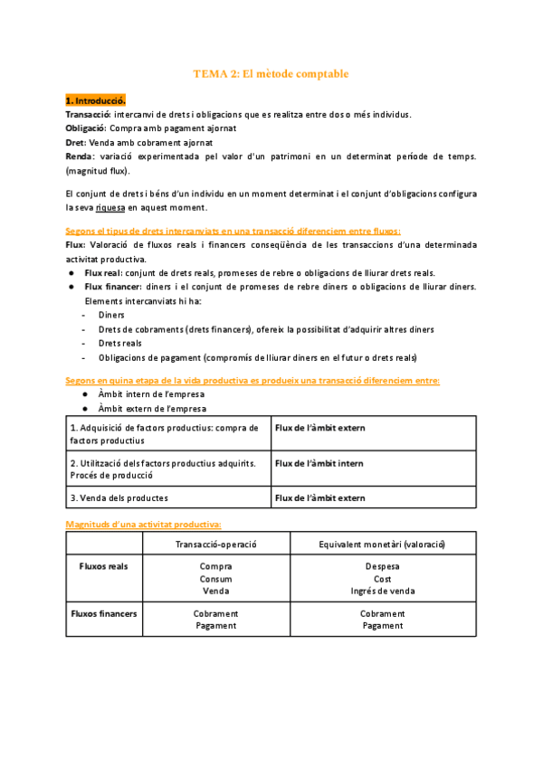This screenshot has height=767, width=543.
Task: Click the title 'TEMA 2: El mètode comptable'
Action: point(271,73)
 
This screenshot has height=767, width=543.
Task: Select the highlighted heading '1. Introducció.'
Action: point(96,100)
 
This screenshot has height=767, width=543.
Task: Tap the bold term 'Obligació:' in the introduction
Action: point(86,128)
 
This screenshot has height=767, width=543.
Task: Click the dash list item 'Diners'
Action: point(112,316)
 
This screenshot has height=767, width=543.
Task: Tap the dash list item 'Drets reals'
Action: point(120,344)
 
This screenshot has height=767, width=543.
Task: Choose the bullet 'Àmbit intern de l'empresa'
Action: point(150,394)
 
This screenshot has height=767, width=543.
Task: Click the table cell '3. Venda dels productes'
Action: point(119,497)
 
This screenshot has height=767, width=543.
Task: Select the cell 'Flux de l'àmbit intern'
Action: point(319,463)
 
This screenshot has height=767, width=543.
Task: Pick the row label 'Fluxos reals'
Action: point(104,566)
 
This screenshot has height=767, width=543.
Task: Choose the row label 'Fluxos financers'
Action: point(104,613)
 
